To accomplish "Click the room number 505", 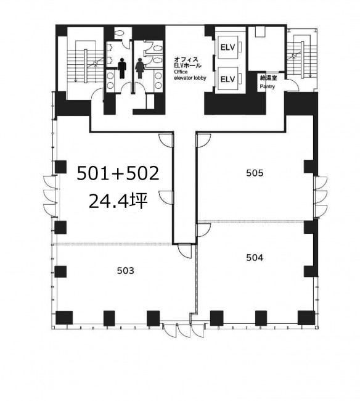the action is (255, 173).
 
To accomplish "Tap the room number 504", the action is (255, 257).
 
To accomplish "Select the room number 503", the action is (126, 271).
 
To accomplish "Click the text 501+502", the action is (118, 173).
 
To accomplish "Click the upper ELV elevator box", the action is (227, 48).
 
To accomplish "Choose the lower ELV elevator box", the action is (227, 79).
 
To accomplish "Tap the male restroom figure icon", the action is (122, 68).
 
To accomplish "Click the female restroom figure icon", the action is (139, 68).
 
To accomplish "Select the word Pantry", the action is (268, 86).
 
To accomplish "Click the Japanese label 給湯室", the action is (268, 78).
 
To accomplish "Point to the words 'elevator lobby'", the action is (190, 78).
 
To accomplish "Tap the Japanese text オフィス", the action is (186, 60).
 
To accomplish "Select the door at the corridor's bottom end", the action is (184, 250).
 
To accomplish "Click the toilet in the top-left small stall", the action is (119, 33).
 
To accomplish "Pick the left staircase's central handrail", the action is (86, 66).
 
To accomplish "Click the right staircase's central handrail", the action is (303, 59).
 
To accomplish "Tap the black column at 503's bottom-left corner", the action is (64, 318).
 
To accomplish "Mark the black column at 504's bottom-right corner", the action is (306, 318).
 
